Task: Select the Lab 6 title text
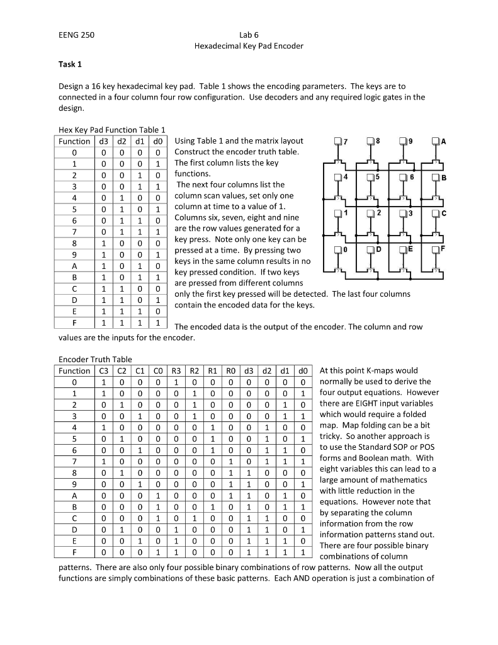coord(249,35)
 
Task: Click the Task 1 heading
coord(70,64)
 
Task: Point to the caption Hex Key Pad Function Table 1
coord(111,130)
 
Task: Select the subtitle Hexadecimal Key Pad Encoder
coord(249,46)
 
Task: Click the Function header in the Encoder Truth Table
coord(75,371)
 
